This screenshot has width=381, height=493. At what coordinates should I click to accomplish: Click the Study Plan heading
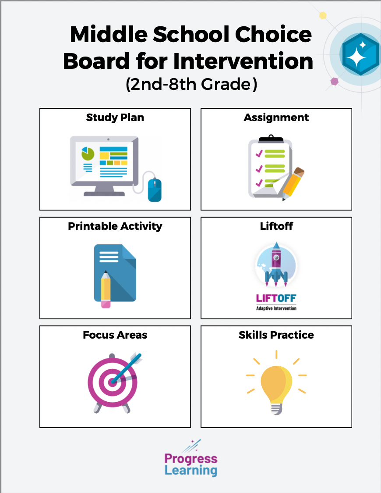pyautogui.click(x=115, y=118)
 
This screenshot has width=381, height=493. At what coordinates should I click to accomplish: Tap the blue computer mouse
pyautogui.click(x=155, y=189)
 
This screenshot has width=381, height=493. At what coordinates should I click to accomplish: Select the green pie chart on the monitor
pyautogui.click(x=88, y=154)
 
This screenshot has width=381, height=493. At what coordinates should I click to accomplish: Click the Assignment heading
pyautogui.click(x=276, y=118)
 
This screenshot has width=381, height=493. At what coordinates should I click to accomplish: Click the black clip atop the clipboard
pyautogui.click(x=271, y=139)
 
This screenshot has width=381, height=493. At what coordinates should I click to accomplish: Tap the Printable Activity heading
pyautogui.click(x=115, y=226)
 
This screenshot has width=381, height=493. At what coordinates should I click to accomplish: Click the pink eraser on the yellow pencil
pyautogui.click(x=106, y=304)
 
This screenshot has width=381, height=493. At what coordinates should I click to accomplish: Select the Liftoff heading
pyautogui.click(x=276, y=226)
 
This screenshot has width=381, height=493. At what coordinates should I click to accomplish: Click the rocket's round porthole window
pyautogui.click(x=276, y=257)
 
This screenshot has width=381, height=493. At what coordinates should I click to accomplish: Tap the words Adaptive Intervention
pyautogui.click(x=276, y=308)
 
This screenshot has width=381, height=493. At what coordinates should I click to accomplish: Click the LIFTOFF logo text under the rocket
pyautogui.click(x=276, y=298)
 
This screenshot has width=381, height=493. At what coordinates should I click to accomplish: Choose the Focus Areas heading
pyautogui.click(x=115, y=335)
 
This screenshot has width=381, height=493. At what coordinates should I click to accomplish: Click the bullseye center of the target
pyautogui.click(x=112, y=382)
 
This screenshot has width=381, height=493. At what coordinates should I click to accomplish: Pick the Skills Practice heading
pyautogui.click(x=276, y=335)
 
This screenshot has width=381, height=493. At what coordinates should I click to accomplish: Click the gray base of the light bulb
pyautogui.click(x=276, y=409)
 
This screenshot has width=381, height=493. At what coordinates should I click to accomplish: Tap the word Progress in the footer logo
pyautogui.click(x=191, y=459)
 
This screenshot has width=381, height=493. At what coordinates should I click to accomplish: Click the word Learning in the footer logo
pyautogui.click(x=191, y=471)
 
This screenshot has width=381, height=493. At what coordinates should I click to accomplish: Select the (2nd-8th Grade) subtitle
pyautogui.click(x=191, y=84)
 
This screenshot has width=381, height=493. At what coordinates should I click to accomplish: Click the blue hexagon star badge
pyautogui.click(x=360, y=54)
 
